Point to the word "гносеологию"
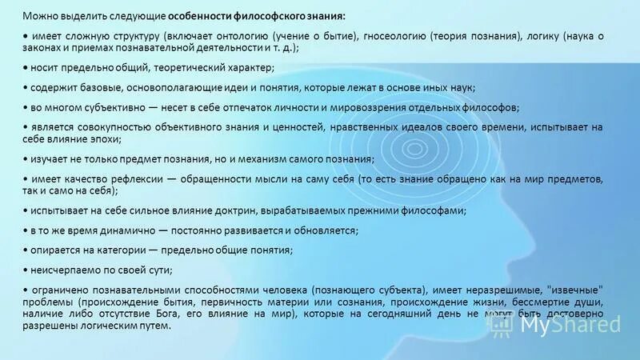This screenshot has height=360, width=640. click(x=389, y=37)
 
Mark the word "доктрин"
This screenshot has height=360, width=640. click(x=244, y=210)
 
